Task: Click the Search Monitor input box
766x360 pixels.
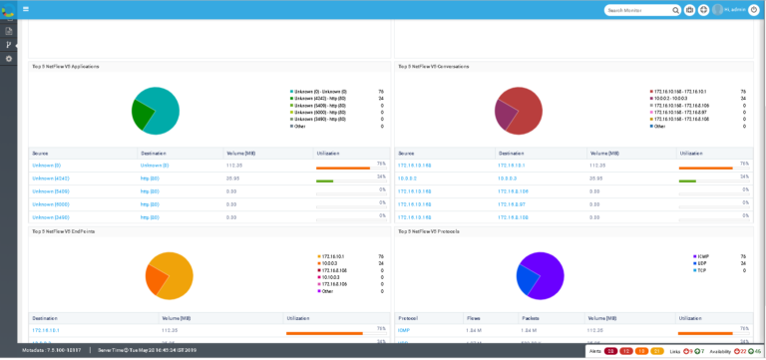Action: pyautogui.click(x=637, y=10)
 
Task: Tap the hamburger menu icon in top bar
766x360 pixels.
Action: pyautogui.click(x=26, y=9)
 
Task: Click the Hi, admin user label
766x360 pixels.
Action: pyautogui.click(x=735, y=10)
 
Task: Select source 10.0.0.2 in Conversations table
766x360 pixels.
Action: pyautogui.click(x=407, y=179)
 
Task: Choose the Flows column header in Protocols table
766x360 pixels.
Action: pyautogui.click(x=474, y=318)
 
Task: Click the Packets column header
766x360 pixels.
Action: pyautogui.click(x=530, y=318)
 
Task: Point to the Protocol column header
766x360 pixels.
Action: pyautogui.click(x=408, y=318)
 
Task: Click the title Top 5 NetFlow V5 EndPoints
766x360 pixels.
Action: pyautogui.click(x=64, y=231)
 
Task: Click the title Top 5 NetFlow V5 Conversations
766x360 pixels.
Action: pyautogui.click(x=434, y=67)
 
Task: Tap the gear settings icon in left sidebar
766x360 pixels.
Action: pyautogui.click(x=9, y=59)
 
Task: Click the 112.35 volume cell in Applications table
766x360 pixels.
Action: pyautogui.click(x=234, y=166)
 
